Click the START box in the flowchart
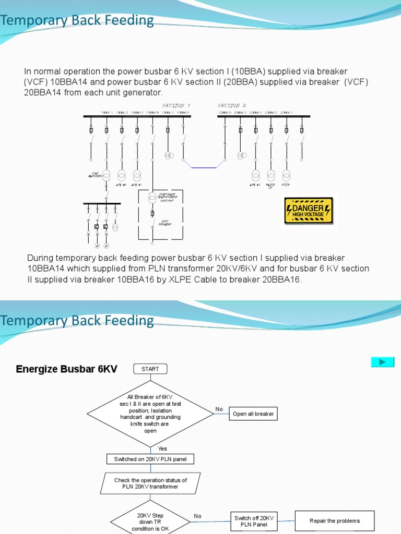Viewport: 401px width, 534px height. pos(150,369)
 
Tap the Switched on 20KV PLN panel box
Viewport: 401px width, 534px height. pos(150,459)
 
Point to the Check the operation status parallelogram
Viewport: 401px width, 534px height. pos(150,483)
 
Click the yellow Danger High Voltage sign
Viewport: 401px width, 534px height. pos(308,211)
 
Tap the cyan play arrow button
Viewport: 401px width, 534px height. pos(382,362)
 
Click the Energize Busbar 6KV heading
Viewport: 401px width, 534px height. pos(67,369)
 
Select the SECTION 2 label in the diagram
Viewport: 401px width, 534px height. pos(231,105)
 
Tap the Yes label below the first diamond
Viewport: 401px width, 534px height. pos(162,448)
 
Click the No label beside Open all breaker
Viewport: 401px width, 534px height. pos(219,409)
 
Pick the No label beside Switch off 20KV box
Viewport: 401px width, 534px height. pos(197,516)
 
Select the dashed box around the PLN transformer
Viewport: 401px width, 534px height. pos(160,215)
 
